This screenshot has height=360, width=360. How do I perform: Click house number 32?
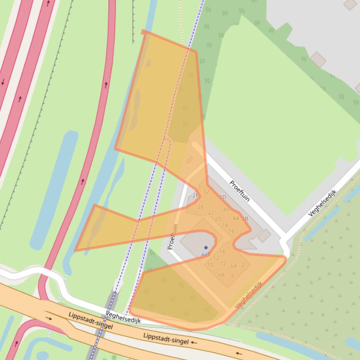206,192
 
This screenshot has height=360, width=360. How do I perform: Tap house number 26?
201,207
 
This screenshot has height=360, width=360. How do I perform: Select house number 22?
211,213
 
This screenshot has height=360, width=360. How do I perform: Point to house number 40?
226,209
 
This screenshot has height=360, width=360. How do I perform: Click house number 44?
235,218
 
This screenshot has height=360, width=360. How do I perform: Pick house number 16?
232,231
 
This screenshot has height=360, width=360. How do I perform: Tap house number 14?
222,252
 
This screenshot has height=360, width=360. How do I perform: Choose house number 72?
223,264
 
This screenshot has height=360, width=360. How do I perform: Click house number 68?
221,275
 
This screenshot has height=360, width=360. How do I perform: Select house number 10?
210,265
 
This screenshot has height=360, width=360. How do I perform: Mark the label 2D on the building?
222,197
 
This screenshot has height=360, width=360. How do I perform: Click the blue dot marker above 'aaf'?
206,248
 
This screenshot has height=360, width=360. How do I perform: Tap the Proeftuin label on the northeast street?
239,191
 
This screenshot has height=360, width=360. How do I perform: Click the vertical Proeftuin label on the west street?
173,236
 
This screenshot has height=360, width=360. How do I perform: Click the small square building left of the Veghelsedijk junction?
264,235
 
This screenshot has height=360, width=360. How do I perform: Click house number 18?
225,225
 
